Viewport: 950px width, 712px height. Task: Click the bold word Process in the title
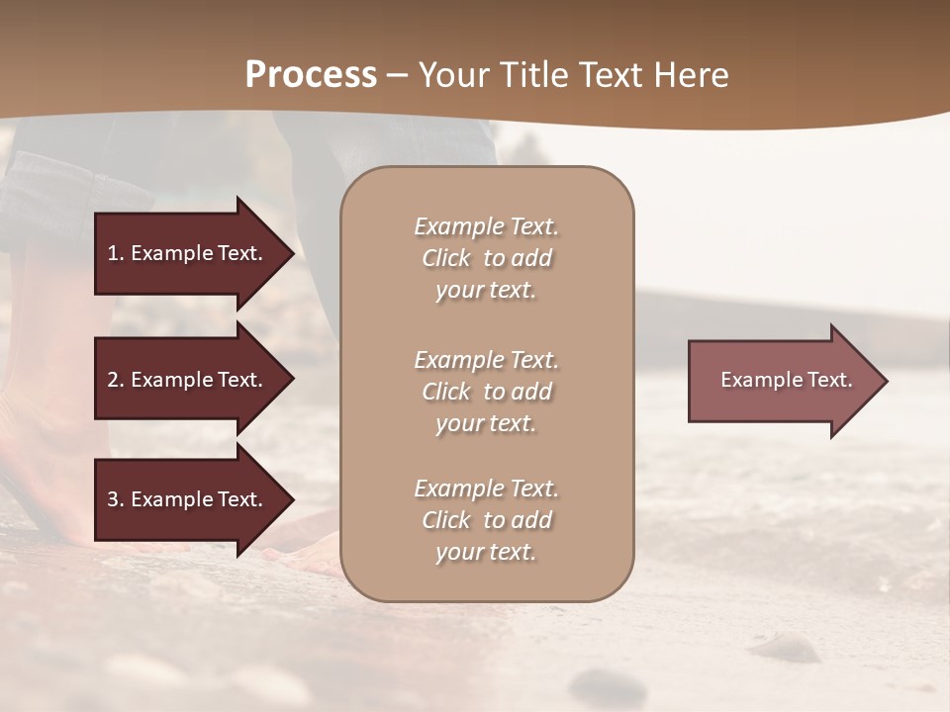[311, 75]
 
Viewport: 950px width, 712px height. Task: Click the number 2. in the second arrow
[115, 380]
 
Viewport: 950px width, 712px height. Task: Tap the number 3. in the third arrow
[115, 499]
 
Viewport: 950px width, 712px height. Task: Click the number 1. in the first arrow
[115, 253]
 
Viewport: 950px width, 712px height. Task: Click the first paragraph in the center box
[486, 258]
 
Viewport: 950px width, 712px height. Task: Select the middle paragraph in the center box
[486, 392]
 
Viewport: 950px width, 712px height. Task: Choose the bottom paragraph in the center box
[486, 520]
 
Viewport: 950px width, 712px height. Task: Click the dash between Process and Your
[398, 75]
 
